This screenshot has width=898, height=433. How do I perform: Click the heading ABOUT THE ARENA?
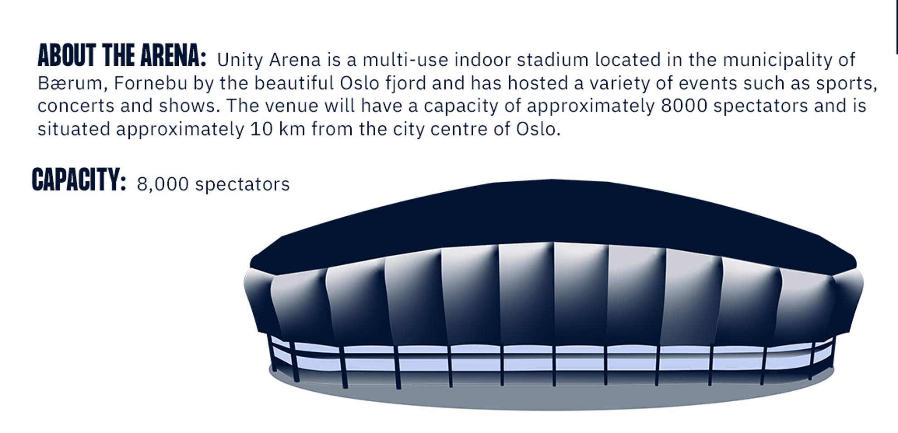[x=122, y=56]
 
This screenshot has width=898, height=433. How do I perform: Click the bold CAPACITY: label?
[x=79, y=179]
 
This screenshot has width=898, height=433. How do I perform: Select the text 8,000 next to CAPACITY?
[x=162, y=185]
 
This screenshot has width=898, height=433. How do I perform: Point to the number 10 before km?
[x=261, y=129]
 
